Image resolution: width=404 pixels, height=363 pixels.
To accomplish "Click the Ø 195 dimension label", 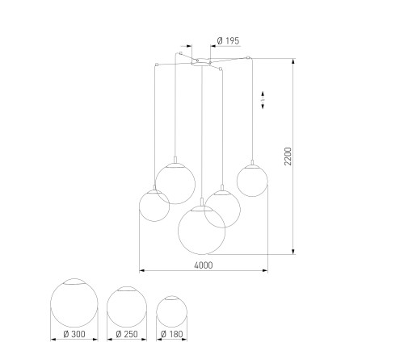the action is [x=228, y=41].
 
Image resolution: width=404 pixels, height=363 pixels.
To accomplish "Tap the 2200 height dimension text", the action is [x=288, y=156].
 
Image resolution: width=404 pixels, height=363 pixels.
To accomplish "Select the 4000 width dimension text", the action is [x=204, y=265].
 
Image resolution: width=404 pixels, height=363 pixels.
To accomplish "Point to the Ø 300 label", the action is [x=74, y=334].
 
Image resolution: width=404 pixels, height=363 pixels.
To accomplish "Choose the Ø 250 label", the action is [x=127, y=334].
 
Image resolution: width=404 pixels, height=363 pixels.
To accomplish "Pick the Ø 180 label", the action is [x=172, y=334].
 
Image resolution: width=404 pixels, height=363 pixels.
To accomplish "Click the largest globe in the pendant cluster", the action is [x=178, y=230].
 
